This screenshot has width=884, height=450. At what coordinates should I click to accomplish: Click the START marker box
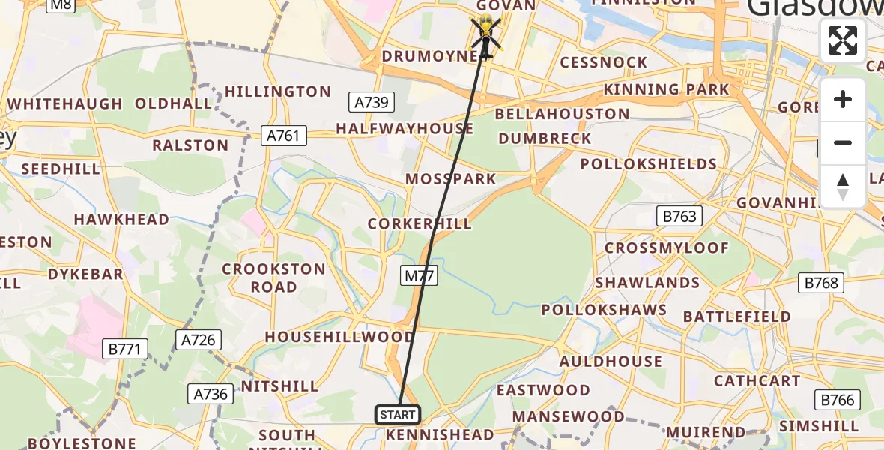click(397, 414)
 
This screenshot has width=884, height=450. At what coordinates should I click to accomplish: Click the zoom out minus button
click(843, 142)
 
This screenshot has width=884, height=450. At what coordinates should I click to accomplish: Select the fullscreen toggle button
click(843, 40)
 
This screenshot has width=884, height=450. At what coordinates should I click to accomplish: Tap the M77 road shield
click(419, 276)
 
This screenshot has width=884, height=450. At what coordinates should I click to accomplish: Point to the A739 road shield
click(371, 102)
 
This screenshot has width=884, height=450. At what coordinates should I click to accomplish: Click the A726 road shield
click(198, 340)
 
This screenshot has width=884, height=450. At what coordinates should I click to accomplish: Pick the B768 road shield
click(821, 283)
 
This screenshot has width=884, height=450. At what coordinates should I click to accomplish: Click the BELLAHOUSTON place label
click(562, 114)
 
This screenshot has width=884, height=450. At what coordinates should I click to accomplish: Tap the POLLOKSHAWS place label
click(604, 310)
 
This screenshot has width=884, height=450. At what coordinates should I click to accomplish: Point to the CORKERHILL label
click(420, 224)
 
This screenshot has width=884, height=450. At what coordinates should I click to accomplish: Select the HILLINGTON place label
click(278, 91)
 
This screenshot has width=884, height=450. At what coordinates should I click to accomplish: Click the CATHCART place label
click(757, 380)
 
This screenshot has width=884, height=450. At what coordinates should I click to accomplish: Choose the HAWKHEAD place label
click(121, 220)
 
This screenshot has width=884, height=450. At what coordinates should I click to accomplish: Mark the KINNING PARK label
click(666, 90)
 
